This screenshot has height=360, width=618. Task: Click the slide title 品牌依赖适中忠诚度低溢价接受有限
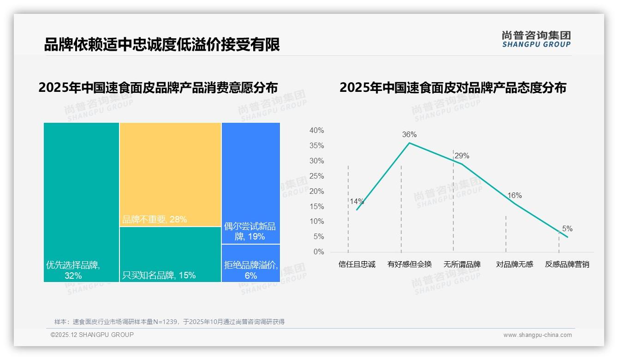[x=162, y=45]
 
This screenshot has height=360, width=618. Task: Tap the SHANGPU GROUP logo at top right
[x=536, y=39]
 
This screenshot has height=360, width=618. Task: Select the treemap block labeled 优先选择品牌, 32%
[x=81, y=202]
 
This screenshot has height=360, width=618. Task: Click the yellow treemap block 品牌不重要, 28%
[x=170, y=174]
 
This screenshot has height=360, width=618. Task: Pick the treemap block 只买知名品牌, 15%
[x=170, y=254]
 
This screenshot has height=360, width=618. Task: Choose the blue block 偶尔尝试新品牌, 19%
[x=250, y=183]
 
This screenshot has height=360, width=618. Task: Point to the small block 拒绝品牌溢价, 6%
[x=250, y=263]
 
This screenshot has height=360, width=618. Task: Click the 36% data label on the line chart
[x=409, y=135]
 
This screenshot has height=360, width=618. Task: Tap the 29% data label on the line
[x=462, y=156]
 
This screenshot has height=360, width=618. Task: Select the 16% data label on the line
[x=514, y=196]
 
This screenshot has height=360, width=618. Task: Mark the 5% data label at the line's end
[x=567, y=229]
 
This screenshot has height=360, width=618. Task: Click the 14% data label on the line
[x=357, y=201]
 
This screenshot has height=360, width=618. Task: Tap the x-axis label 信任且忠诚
[x=357, y=264]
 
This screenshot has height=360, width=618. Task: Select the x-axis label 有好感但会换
[x=409, y=264]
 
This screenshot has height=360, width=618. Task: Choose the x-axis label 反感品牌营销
[x=567, y=264]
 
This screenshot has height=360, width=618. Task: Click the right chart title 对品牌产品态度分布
[x=452, y=88]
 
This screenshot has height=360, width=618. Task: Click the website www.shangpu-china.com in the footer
[x=537, y=335]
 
